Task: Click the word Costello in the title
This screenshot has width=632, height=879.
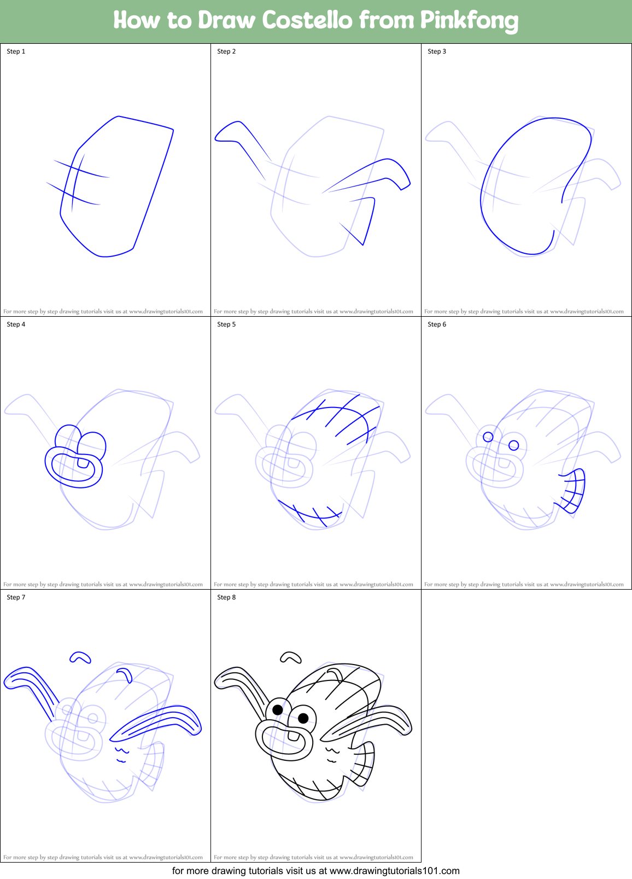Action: point(307,21)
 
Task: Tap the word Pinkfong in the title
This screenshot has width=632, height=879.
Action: point(469,21)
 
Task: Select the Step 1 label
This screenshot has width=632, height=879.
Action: point(16,51)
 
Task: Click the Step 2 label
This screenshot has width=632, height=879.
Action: point(226,51)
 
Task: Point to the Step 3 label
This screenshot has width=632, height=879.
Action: point(437,51)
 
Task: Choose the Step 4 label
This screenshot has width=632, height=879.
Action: point(16,324)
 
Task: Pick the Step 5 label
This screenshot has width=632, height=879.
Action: point(226,324)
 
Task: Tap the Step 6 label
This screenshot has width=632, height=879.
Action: point(437,324)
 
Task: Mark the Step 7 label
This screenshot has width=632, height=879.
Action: point(16,597)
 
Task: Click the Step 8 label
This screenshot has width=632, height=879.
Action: point(226,597)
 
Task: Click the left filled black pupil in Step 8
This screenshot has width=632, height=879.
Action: point(278,710)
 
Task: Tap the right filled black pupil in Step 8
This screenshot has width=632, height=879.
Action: point(303,718)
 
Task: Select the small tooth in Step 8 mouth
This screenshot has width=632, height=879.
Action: point(294,736)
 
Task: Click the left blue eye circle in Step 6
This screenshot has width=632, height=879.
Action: point(488,437)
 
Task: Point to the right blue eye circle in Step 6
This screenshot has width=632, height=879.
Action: point(514,445)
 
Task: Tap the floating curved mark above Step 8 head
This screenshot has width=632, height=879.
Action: point(290,656)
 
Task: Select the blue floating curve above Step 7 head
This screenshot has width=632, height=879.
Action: point(80,657)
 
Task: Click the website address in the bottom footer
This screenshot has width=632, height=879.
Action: point(395,871)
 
